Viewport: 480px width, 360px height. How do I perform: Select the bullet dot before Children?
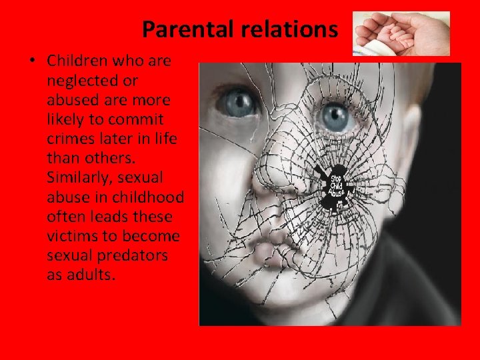[x=32, y=61]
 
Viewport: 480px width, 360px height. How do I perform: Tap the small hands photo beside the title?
[x=401, y=33]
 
